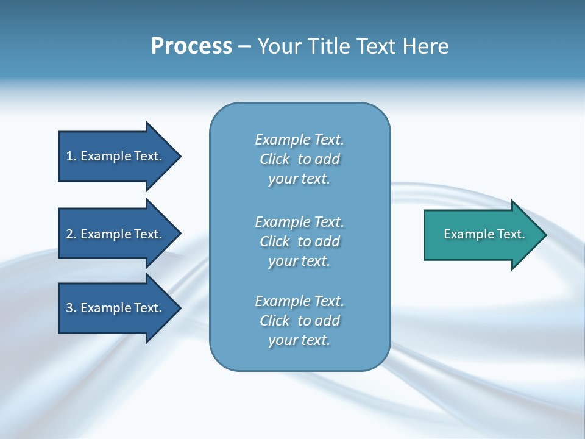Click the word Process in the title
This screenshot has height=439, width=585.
pos(191,46)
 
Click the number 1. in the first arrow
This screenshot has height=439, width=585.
pos(71,156)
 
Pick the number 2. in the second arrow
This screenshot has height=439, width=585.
pos(71,234)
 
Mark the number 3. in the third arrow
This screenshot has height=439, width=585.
pos(71,308)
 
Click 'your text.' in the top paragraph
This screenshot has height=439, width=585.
pos(299,179)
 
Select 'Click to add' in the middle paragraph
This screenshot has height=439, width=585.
pos(299,241)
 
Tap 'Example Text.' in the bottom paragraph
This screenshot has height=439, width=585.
pos(299,301)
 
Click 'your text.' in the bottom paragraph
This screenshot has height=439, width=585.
pos(299,340)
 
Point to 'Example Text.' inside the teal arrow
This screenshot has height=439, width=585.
pos(484,234)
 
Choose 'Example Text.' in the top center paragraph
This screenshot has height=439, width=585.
pos(299,140)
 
